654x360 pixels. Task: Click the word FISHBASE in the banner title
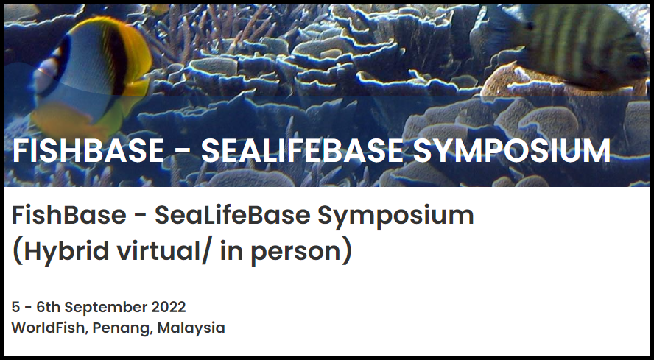pyautogui.click(x=88, y=151)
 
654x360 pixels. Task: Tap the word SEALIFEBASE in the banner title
pyautogui.click(x=303, y=151)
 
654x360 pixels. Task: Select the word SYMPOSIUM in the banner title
pyautogui.click(x=512, y=151)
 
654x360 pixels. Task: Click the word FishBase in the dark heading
pyautogui.click(x=68, y=215)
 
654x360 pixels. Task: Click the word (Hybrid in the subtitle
pyautogui.click(x=60, y=252)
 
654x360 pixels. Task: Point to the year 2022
pyautogui.click(x=168, y=307)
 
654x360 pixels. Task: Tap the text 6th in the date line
pyautogui.click(x=49, y=307)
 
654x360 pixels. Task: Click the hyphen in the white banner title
pyautogui.click(x=182, y=152)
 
